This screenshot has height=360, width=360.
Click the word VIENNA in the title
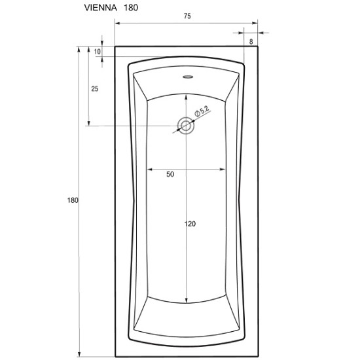(x=101, y=8)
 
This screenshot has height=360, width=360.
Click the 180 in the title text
(x=131, y=8)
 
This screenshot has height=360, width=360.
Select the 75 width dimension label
(x=187, y=16)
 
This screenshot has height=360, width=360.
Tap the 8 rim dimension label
(x=251, y=41)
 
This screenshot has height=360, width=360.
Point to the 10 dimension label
(x=98, y=52)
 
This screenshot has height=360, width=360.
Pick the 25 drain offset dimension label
(x=95, y=88)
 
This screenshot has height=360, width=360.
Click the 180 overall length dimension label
(x=73, y=200)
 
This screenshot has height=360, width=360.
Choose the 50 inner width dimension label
(x=170, y=175)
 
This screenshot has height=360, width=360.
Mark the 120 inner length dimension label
(x=190, y=224)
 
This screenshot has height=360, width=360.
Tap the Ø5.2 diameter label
(x=202, y=111)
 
